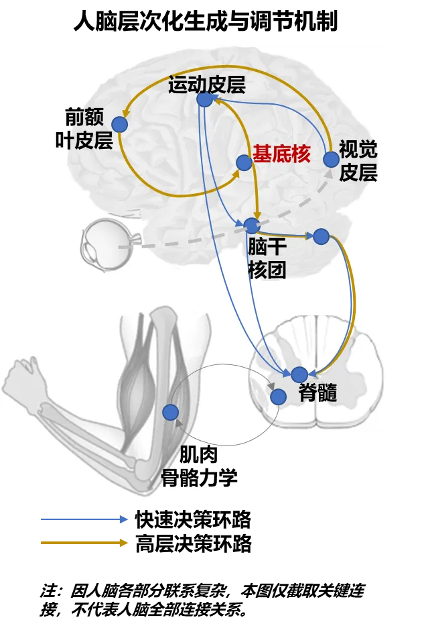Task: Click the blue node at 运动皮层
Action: [204, 100]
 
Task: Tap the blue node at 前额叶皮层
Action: [119, 124]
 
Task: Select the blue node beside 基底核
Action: [244, 162]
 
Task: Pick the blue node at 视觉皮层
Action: [331, 159]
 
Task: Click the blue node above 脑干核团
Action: [252, 225]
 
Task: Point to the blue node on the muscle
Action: [170, 412]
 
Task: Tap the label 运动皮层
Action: [207, 85]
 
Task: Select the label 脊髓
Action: [317, 393]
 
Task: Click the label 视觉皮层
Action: [358, 161]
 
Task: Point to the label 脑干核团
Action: [267, 258]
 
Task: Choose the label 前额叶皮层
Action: [84, 129]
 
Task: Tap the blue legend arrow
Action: [84, 519]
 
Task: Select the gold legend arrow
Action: [84, 543]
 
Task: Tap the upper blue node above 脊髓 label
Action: [299, 374]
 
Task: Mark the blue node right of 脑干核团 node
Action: [321, 236]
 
